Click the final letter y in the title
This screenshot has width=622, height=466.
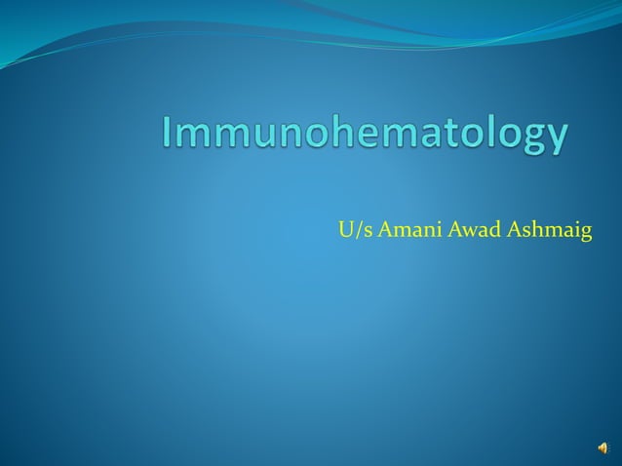click(x=553, y=141)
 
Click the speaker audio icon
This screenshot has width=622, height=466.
click(x=604, y=447)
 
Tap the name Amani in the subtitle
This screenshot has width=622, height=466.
click(x=400, y=230)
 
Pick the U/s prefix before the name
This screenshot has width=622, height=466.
click(x=350, y=230)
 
